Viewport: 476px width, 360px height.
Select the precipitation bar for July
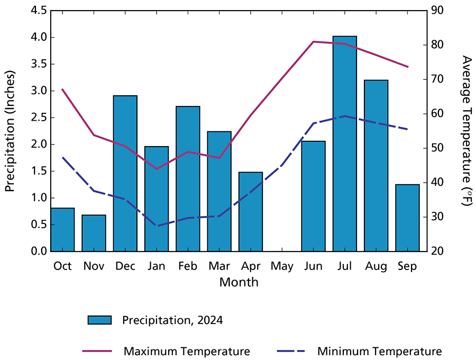(x=344, y=143)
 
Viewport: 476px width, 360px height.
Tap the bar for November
(x=94, y=233)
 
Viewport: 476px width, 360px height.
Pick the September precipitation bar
(x=407, y=218)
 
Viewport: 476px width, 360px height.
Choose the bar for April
(x=250, y=211)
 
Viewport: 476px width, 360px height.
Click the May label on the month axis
(x=281, y=266)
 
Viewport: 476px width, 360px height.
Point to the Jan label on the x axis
(x=156, y=266)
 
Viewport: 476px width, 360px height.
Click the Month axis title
(x=239, y=282)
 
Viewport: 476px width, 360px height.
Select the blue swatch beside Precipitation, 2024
(x=99, y=320)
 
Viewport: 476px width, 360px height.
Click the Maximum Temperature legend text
(x=187, y=351)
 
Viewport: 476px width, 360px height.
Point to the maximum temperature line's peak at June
(x=313, y=41)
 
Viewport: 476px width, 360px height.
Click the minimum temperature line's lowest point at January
(x=156, y=226)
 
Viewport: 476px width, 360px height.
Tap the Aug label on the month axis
(x=376, y=266)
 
